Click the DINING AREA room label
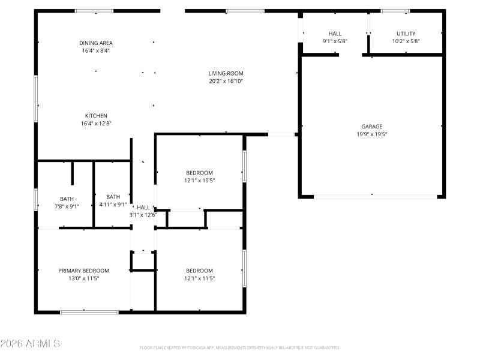click(x=96, y=43)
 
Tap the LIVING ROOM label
click(x=226, y=73)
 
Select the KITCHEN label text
click(x=96, y=116)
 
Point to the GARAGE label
click(x=371, y=127)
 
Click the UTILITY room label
click(x=406, y=34)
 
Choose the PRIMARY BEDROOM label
click(x=83, y=271)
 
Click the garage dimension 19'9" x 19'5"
click(x=371, y=134)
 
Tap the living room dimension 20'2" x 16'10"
click(x=226, y=81)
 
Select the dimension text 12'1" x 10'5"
click(x=199, y=180)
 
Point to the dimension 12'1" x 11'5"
click(x=199, y=278)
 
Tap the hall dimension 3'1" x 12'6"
click(x=143, y=215)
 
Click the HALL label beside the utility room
click(x=335, y=34)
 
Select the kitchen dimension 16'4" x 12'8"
click(x=96, y=124)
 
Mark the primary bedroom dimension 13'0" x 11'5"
click(x=83, y=278)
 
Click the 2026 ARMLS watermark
click(x=30, y=344)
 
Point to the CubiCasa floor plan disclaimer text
click(x=240, y=347)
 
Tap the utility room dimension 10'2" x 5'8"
click(x=406, y=41)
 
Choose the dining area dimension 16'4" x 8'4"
click(x=96, y=51)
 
